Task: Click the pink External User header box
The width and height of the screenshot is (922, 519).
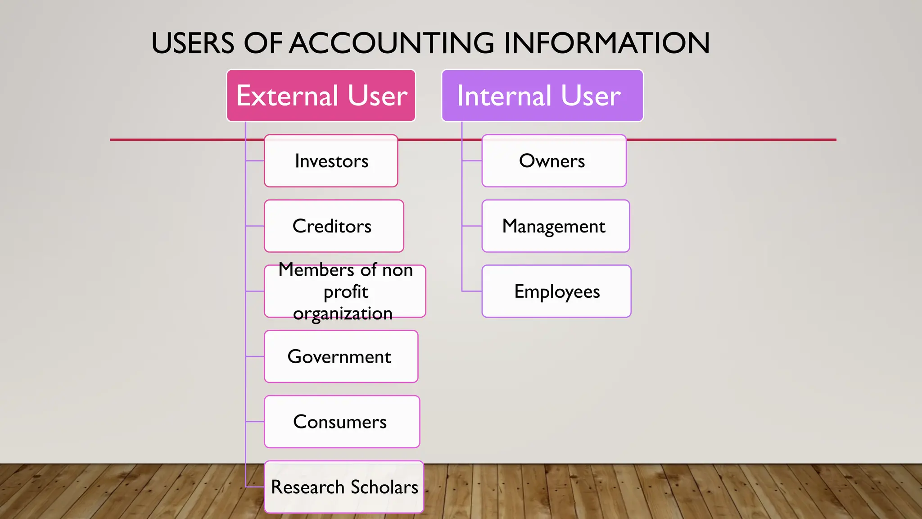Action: pyautogui.click(x=321, y=96)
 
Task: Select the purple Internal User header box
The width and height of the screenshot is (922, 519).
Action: pyautogui.click(x=542, y=96)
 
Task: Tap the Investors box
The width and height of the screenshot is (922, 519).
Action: pyautogui.click(x=331, y=161)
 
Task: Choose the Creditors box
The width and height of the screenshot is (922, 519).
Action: pyautogui.click(x=334, y=226)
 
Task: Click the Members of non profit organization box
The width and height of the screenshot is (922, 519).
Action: pyautogui.click(x=345, y=291)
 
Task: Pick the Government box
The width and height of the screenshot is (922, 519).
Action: pyautogui.click(x=341, y=356)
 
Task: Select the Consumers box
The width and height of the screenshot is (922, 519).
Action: pyautogui.click(x=342, y=422)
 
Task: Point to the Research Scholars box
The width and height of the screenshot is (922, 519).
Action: pyautogui.click(x=344, y=487)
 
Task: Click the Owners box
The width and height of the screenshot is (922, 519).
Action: pyautogui.click(x=554, y=161)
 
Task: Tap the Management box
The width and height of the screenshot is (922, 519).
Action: pyautogui.click(x=556, y=226)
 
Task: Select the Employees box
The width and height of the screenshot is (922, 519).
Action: pyautogui.click(x=556, y=291)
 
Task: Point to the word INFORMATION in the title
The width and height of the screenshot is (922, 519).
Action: pyautogui.click(x=606, y=43)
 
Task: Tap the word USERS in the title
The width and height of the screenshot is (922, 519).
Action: pyautogui.click(x=193, y=43)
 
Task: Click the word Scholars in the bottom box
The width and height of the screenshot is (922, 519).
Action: pyautogui.click(x=384, y=487)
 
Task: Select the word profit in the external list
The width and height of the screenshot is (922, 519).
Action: pyautogui.click(x=346, y=292)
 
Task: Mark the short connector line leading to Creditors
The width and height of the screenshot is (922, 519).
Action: pyautogui.click(x=255, y=226)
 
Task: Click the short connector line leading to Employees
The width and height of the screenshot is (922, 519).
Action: pyautogui.click(x=472, y=291)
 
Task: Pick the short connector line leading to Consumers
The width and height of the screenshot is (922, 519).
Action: pyautogui.click(x=255, y=422)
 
